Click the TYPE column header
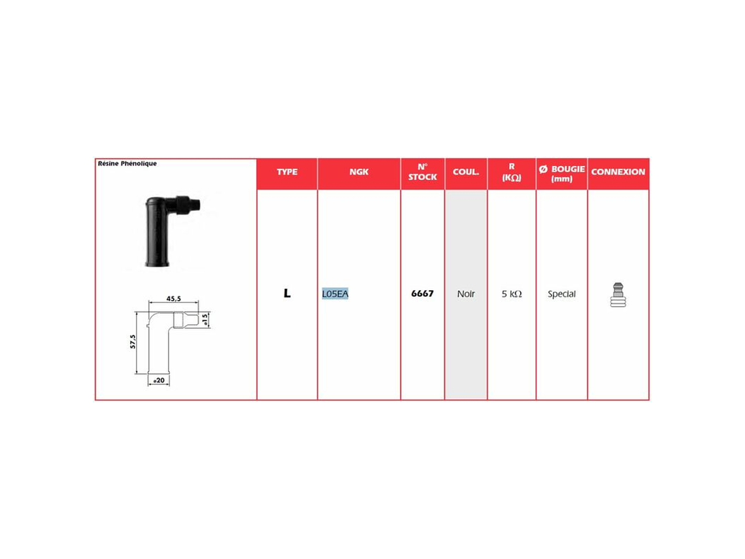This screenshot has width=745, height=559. (x=287, y=172)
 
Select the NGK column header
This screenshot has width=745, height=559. (x=359, y=172)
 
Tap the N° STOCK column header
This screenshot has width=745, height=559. (x=422, y=172)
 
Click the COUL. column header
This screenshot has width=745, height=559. (x=465, y=172)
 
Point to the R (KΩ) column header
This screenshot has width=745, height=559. (x=512, y=172)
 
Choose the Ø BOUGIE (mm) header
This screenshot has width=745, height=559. (x=561, y=173)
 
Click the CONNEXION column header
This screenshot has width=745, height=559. (x=618, y=172)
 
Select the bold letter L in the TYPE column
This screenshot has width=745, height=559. (x=287, y=294)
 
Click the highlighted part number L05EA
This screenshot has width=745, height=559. (x=335, y=294)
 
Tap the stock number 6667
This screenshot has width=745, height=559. (x=422, y=294)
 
